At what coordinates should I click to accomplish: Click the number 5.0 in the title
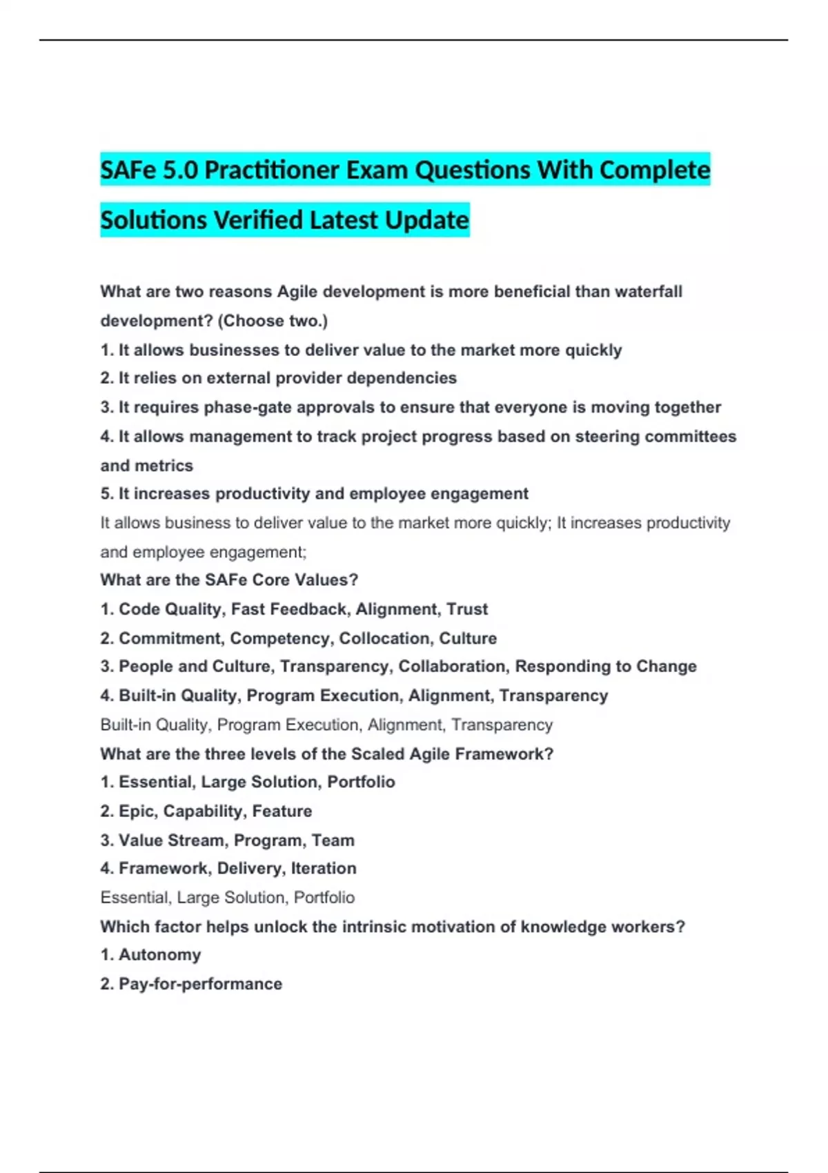tap(180, 170)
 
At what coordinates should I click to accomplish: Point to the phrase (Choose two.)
tap(273, 321)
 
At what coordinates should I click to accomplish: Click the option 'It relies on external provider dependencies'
tap(279, 378)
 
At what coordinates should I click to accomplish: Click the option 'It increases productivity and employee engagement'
tap(315, 494)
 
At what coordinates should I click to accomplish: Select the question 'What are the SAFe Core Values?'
tap(229, 580)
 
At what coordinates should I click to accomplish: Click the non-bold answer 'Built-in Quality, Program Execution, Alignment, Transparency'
tap(326, 725)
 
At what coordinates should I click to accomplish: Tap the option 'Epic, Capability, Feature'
tap(206, 811)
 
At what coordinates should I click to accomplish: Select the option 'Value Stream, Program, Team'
tap(228, 840)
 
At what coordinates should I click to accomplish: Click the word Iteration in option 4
tap(324, 869)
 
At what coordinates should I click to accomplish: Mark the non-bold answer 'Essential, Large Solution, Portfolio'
tap(228, 898)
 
